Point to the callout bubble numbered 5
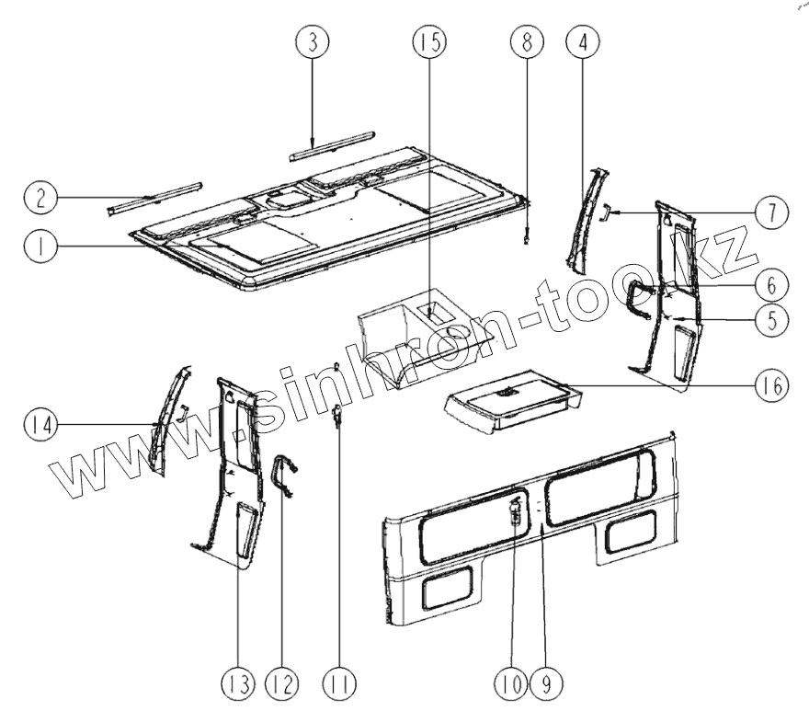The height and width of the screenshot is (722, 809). click(770, 319)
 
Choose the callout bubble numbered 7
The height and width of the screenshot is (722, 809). click(770, 212)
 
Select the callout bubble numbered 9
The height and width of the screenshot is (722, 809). click(549, 683)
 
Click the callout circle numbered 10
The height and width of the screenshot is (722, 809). click(512, 683)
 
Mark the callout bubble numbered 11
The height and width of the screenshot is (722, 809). click(341, 683)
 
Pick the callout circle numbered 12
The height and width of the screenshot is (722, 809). click(282, 683)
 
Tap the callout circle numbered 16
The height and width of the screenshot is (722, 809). click(770, 386)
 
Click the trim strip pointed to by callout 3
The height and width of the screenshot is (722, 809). click(332, 144)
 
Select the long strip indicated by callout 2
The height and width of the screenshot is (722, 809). click(154, 197)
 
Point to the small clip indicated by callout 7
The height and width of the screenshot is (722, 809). click(607, 212)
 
